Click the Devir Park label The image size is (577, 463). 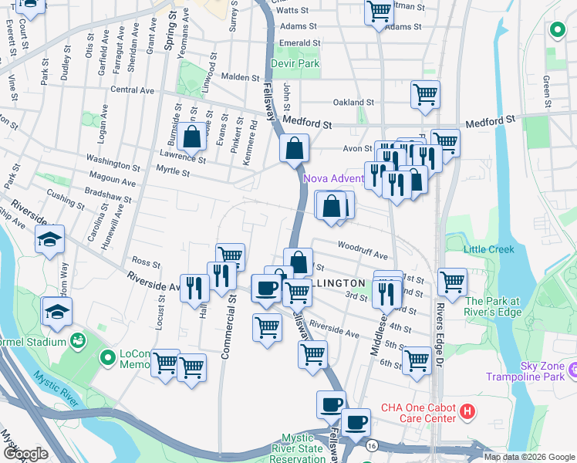295,63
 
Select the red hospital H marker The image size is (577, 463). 466,412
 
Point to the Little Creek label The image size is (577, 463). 488,249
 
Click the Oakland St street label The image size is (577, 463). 353,102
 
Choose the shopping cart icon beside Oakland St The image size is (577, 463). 425,93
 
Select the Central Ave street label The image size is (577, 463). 133,90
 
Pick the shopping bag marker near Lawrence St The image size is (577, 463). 192,137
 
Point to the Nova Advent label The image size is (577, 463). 333,178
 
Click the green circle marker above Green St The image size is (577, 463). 556,30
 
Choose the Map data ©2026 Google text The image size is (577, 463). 528,456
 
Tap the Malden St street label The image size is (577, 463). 240,77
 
